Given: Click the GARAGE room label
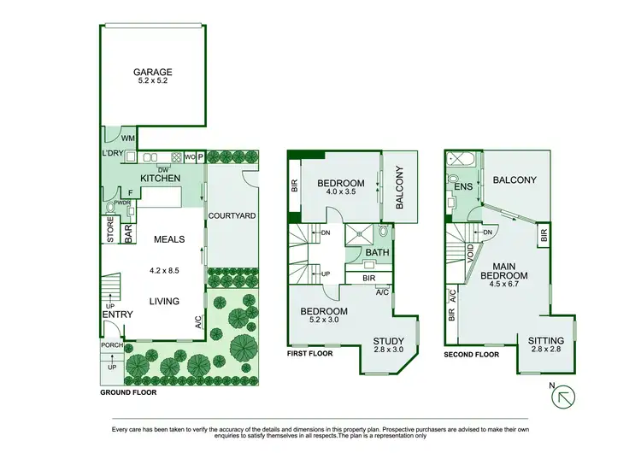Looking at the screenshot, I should tap(152, 73).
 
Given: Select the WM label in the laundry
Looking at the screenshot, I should tap(128, 138).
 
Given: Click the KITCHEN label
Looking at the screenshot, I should tap(160, 178).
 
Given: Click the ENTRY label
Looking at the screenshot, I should tap(115, 315).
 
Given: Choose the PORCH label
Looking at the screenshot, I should tap(112, 345).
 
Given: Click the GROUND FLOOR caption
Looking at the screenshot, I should tap(128, 393).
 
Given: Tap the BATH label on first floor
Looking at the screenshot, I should tap(377, 252).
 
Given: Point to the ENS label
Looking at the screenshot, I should tap(463, 186).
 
